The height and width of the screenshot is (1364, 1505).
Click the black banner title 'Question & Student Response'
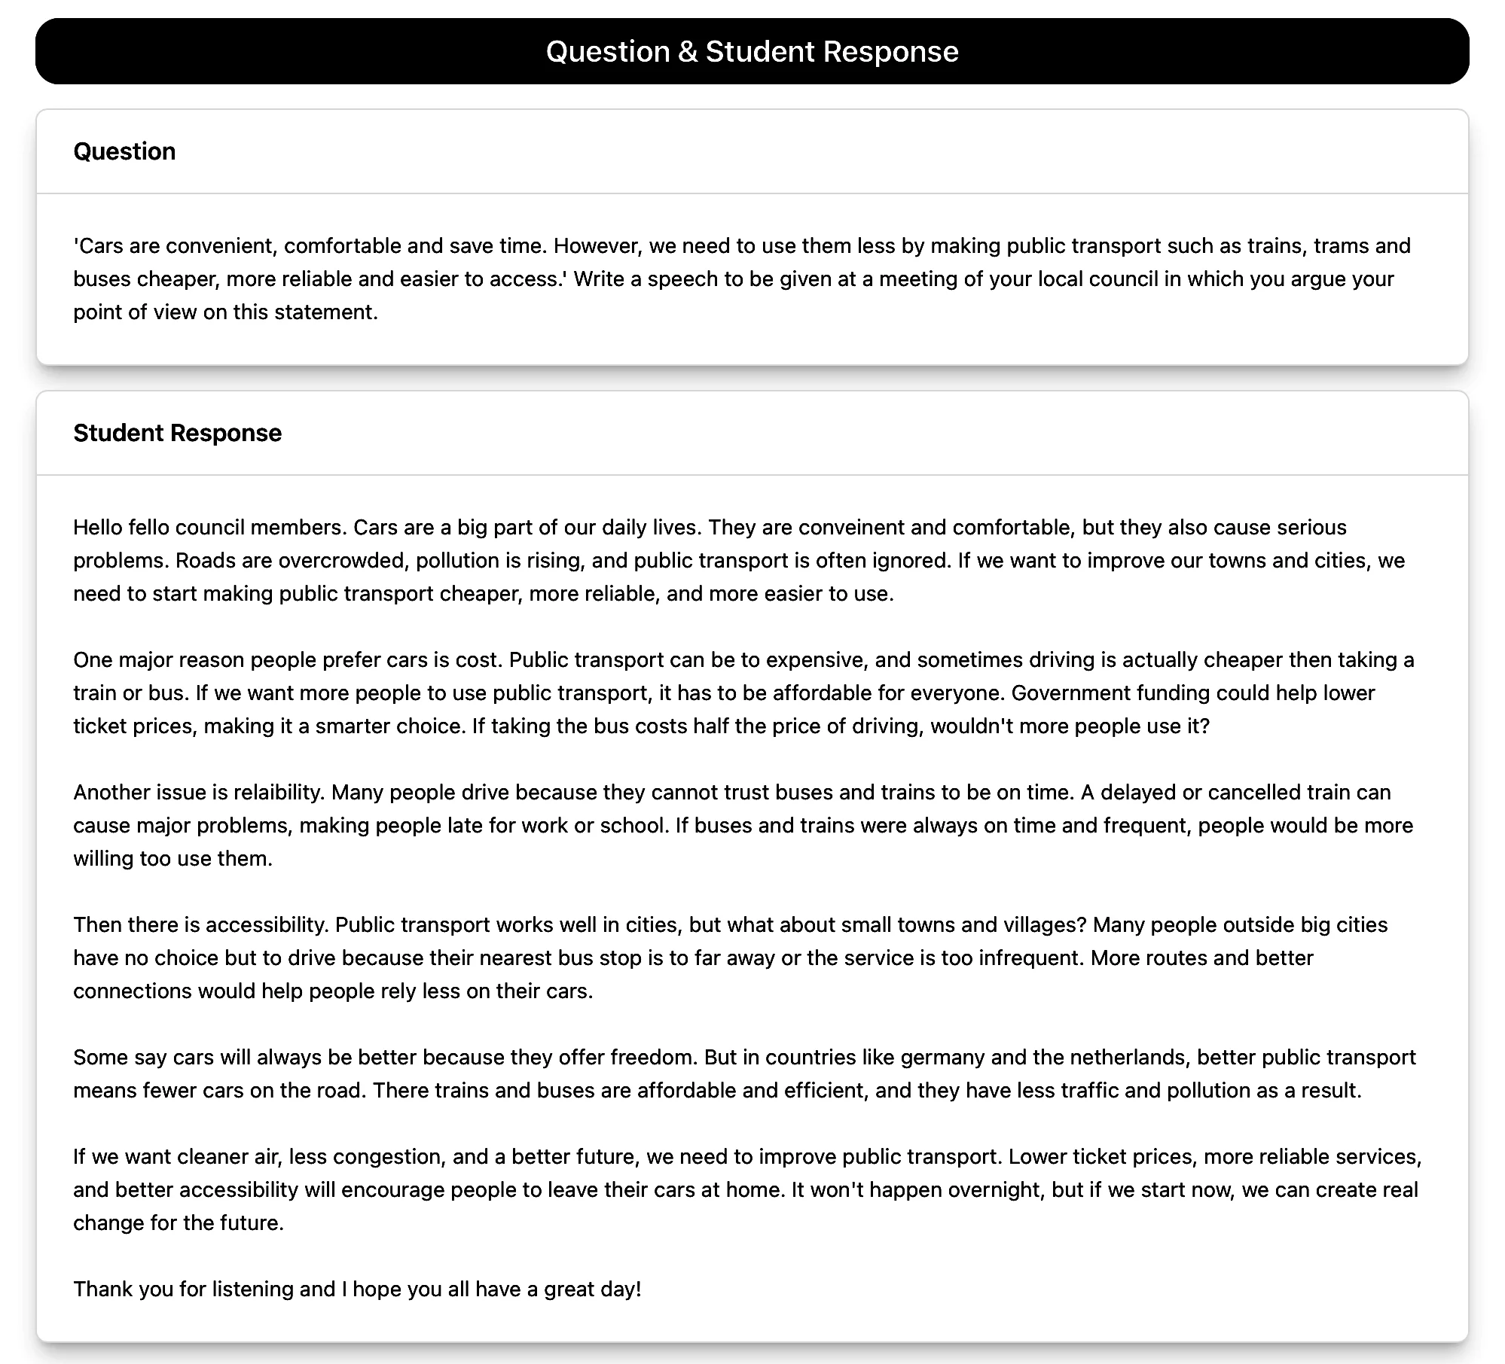pyautogui.click(x=752, y=51)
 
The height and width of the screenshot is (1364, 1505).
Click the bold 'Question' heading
pyautogui.click(x=124, y=151)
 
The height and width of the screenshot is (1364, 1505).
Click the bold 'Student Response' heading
pyautogui.click(x=177, y=433)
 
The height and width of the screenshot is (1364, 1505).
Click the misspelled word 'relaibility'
pyautogui.click(x=278, y=792)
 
